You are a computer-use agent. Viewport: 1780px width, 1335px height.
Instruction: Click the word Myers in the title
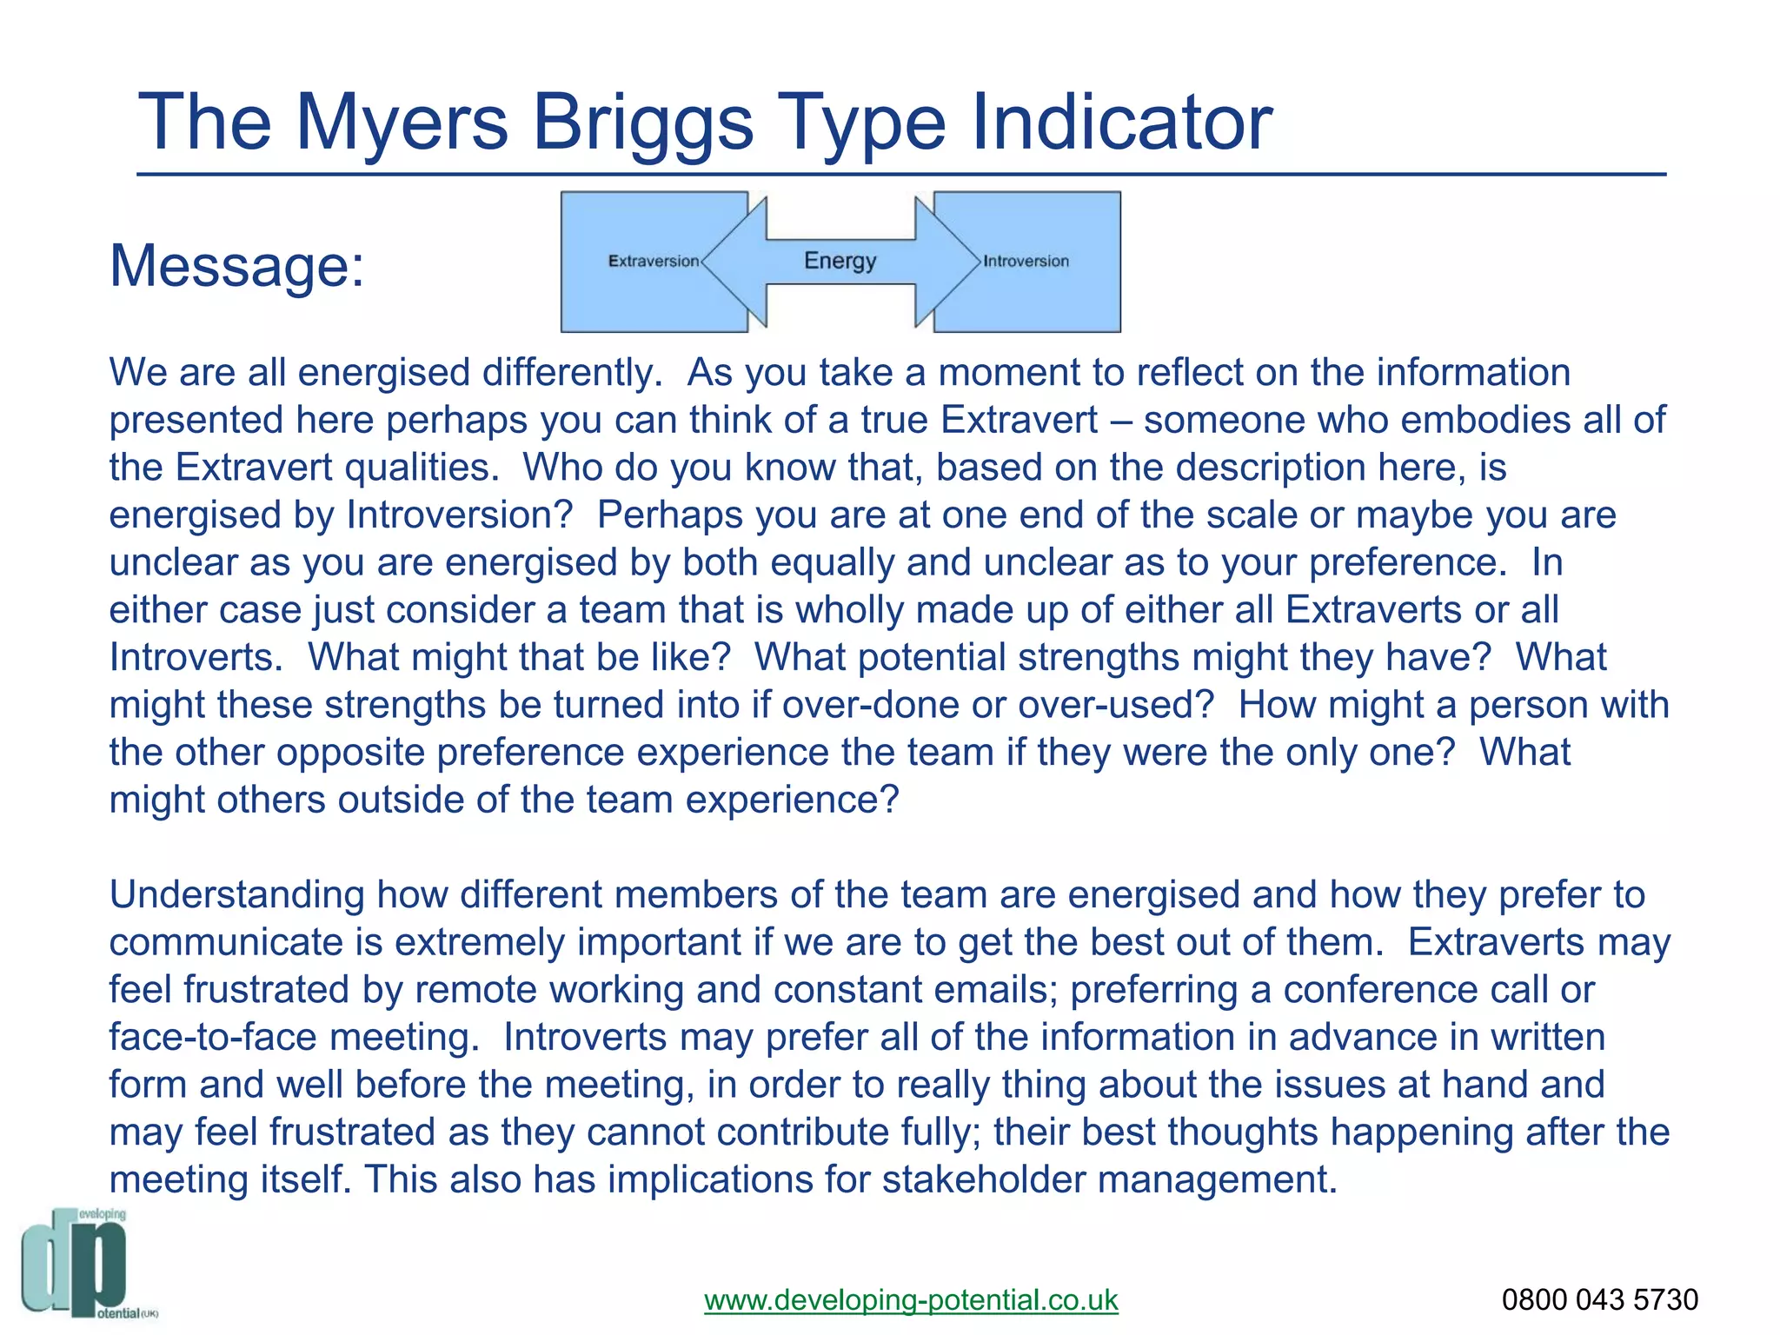click(x=402, y=123)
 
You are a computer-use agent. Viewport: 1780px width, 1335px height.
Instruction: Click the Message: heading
click(x=236, y=265)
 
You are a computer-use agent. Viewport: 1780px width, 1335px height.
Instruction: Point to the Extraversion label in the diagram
click(x=653, y=262)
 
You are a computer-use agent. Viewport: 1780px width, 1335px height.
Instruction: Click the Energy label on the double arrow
click(x=840, y=261)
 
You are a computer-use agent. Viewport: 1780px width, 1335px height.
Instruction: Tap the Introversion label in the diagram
click(x=1026, y=262)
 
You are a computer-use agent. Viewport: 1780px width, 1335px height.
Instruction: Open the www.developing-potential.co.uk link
click(x=911, y=1299)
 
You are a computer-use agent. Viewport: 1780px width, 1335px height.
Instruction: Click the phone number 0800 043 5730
click(x=1599, y=1299)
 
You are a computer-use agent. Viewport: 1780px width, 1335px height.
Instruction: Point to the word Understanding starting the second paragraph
click(x=236, y=894)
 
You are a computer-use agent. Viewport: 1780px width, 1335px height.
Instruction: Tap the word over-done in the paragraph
click(x=870, y=704)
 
